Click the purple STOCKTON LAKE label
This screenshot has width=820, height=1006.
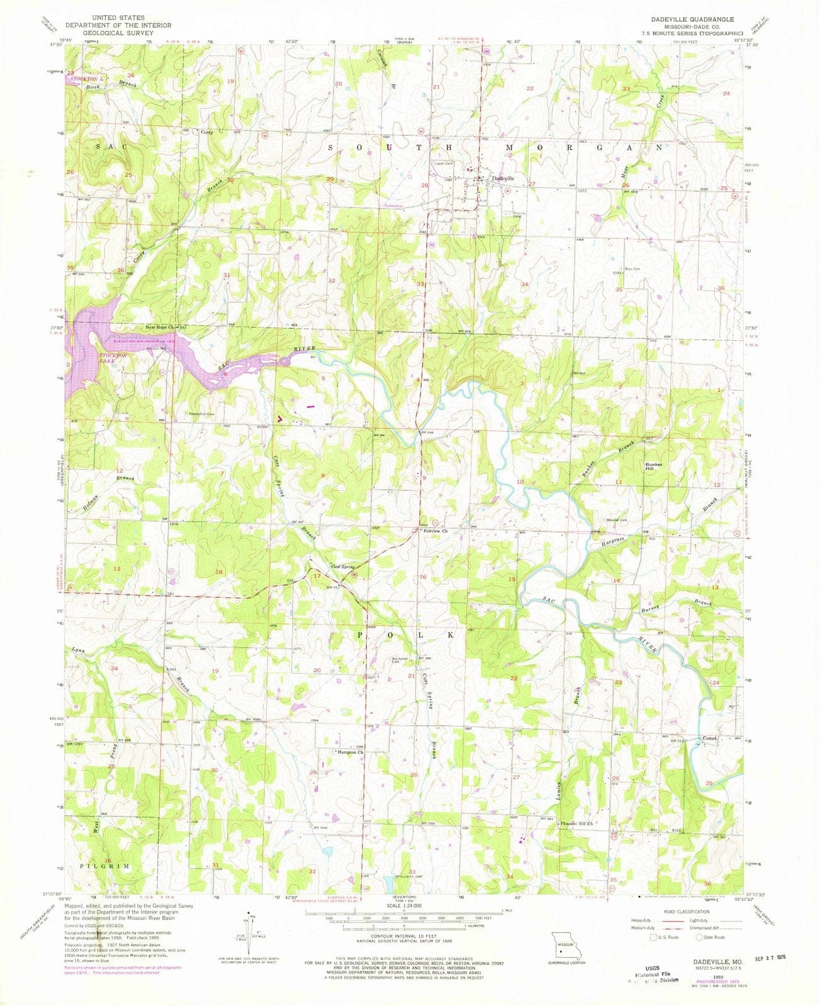coord(113,358)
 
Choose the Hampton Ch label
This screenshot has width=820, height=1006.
coord(351,752)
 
